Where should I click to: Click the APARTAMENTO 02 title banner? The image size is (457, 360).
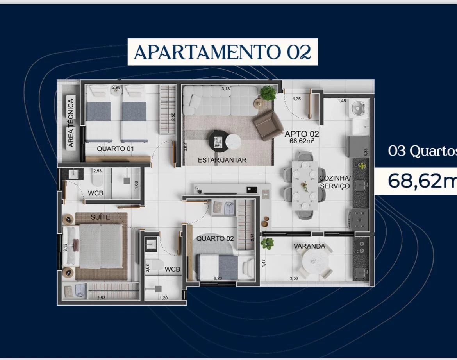pos(222,52)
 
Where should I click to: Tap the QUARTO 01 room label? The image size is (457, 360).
pos(115,149)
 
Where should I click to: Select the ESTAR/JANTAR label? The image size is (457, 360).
pos(222,160)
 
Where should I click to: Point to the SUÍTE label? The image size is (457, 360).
pos(100,217)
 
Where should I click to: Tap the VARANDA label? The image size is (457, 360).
pos(309,246)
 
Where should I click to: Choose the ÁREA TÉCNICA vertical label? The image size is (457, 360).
pos(71,123)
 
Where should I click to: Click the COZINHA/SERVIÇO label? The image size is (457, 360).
pos(335,182)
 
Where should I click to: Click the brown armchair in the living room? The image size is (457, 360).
pos(268,125)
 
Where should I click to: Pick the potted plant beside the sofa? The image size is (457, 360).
pos(268,93)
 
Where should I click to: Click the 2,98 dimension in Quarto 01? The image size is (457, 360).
pos(116,87)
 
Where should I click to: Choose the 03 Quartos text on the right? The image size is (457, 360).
pos(422,151)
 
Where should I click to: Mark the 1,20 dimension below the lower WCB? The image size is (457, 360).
pos(164,298)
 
